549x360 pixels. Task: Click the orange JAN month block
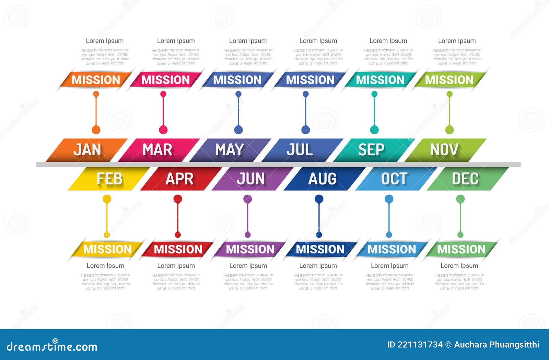point(87,150)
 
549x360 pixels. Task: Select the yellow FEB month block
point(109,179)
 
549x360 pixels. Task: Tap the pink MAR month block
point(158,150)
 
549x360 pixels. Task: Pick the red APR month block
point(179,179)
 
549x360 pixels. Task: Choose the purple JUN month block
point(251,179)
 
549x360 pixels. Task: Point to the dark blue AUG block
point(322,179)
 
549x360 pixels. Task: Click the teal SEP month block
point(372,150)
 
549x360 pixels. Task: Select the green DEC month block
point(465,179)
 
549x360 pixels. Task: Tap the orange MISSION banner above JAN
point(96,80)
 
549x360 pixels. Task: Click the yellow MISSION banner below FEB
point(107,249)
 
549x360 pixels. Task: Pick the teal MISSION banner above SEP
point(380,80)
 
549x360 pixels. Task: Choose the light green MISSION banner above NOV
point(449,80)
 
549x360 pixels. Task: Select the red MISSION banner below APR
point(178,249)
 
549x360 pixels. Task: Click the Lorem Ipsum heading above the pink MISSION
point(176,41)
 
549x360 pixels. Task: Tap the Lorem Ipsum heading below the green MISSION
point(459,266)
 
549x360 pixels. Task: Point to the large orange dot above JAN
point(96,130)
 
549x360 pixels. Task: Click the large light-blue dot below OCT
point(389,199)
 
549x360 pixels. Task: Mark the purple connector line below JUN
point(247,218)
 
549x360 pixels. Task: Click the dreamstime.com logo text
point(52,346)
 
